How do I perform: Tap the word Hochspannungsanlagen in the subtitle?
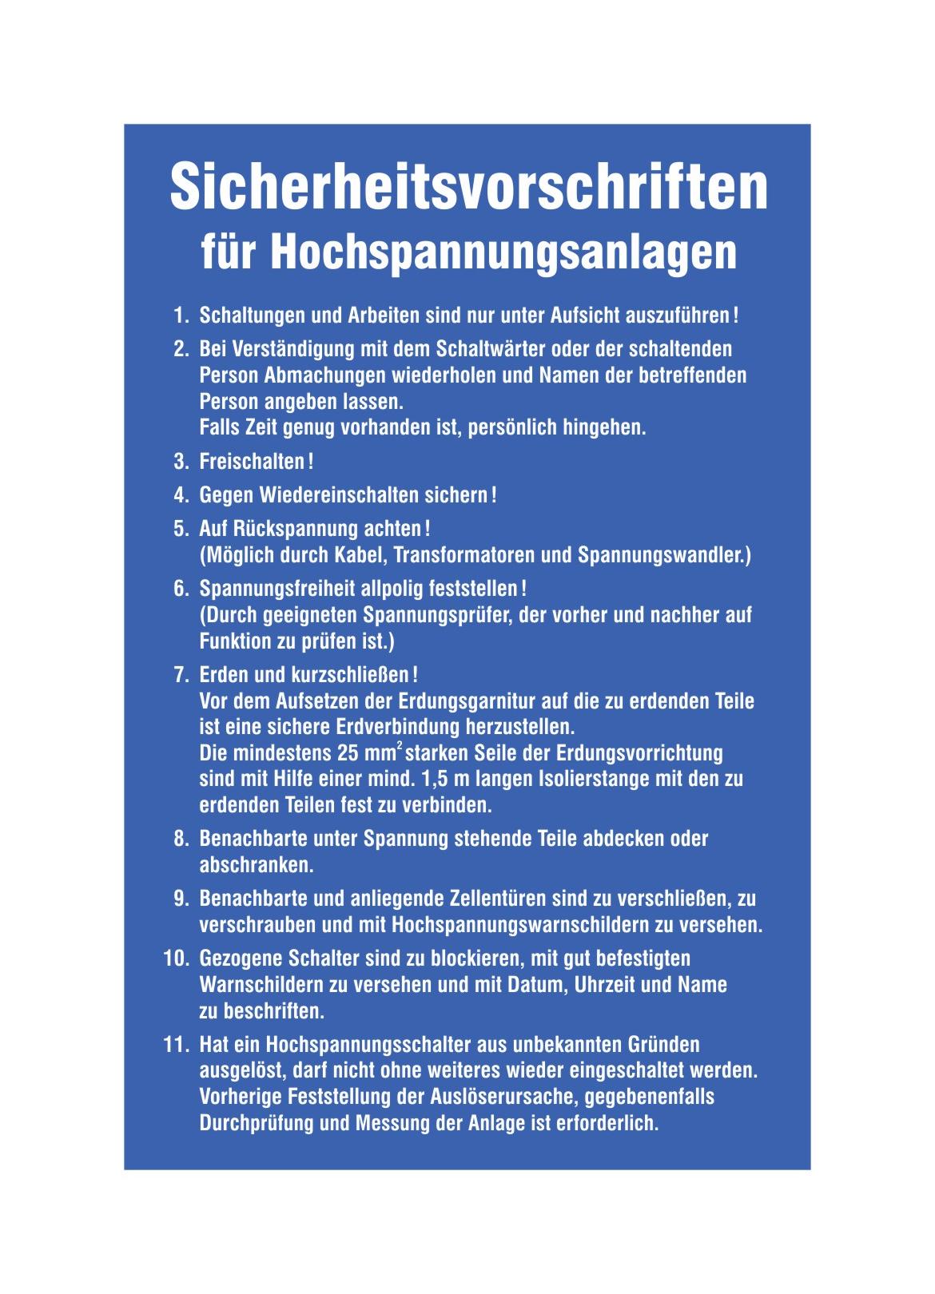503,252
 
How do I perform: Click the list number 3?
180,462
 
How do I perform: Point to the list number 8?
180,839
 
